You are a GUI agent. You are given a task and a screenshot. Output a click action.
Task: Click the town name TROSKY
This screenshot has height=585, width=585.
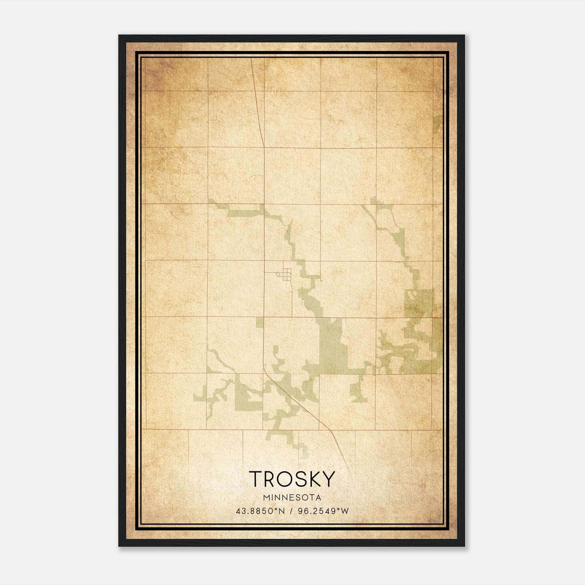tap(292, 479)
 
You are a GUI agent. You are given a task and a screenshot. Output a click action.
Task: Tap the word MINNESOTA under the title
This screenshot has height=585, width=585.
tap(292, 498)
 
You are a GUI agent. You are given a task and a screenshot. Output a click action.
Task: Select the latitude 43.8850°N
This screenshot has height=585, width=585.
tap(260, 511)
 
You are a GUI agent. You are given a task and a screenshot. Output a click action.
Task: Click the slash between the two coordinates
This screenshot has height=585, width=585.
tap(291, 511)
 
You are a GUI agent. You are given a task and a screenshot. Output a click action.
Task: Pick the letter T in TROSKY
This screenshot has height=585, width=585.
tap(256, 479)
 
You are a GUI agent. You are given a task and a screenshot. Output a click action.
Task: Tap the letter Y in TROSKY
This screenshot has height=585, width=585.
tap(328, 479)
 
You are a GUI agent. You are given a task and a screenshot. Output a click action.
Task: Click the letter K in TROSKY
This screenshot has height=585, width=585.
tap(315, 479)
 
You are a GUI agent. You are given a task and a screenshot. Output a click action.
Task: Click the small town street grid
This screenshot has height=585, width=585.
tap(287, 273)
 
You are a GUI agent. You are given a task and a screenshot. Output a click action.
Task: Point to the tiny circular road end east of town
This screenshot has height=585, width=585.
tap(321, 280)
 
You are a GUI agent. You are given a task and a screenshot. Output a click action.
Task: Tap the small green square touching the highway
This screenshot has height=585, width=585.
tap(260, 322)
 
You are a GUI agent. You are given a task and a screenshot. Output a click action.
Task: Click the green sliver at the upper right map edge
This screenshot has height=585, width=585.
tap(438, 124)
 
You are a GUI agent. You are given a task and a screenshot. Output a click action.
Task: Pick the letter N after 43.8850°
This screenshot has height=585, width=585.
tap(282, 511)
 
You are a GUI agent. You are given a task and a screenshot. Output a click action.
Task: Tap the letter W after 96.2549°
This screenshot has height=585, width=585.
tap(345, 511)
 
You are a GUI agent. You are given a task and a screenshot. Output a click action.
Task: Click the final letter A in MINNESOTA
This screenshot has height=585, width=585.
tap(319, 498)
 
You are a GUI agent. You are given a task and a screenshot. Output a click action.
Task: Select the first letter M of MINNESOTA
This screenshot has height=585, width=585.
tap(265, 498)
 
